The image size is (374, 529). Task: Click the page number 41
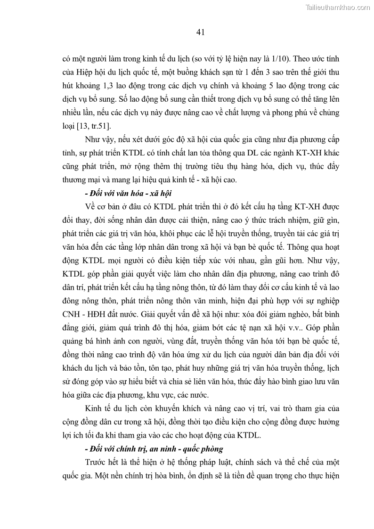(x=199, y=32)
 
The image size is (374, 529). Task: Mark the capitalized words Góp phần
(x=324, y=327)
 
